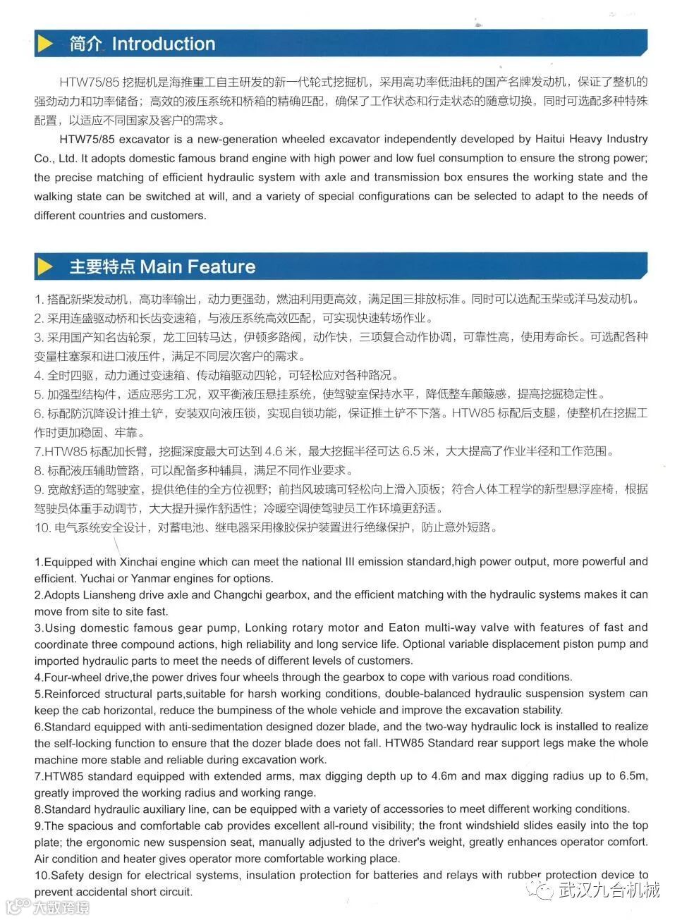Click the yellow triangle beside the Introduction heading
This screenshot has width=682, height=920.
pos(46,44)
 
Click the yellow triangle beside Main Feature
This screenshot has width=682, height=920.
pos(46,266)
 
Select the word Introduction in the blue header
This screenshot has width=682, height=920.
pos(163,44)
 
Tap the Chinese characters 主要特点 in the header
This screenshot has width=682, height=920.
pos(102,266)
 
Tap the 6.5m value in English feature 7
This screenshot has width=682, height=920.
pos(633,776)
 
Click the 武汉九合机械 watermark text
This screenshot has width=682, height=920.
pos(609,890)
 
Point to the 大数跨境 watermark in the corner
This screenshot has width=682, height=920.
pos(61,907)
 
